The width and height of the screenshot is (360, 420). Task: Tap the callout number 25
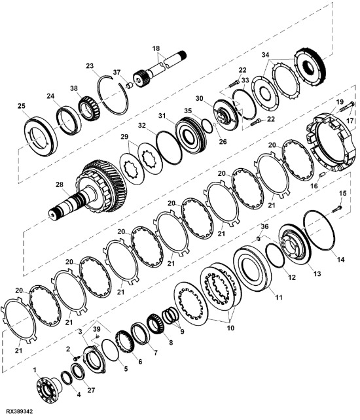point(22,106)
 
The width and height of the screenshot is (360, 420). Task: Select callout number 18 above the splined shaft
point(156,49)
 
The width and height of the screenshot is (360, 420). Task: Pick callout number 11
point(278,297)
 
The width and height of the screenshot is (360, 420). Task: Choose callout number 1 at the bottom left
point(35,370)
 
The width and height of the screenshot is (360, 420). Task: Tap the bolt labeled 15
point(336,209)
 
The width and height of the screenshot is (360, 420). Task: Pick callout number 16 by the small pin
point(314,186)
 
